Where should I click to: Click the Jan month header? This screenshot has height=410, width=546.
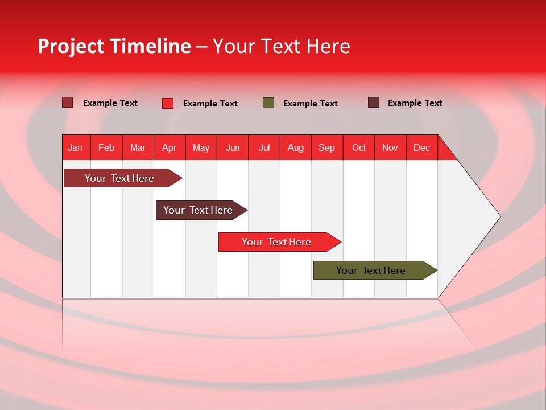tap(75, 147)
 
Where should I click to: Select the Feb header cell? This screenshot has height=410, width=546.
tap(106, 147)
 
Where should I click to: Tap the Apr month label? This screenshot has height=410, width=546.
tap(169, 147)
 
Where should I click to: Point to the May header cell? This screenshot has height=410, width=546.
tap(201, 147)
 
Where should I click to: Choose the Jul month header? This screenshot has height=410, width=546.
tap(264, 147)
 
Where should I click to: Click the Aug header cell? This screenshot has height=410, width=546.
tap(296, 147)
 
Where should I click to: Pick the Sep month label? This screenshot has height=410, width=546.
tap(327, 147)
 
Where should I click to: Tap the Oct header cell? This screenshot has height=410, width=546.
tap(359, 147)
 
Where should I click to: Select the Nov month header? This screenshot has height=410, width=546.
tap(390, 147)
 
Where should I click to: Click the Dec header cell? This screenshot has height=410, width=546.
tap(422, 147)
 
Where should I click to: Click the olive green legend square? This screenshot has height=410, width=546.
tap(268, 103)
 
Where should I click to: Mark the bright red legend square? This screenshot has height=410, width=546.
tap(168, 103)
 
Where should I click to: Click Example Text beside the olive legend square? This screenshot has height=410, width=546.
tap(311, 104)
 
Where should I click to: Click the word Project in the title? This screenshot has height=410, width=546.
tap(71, 46)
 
